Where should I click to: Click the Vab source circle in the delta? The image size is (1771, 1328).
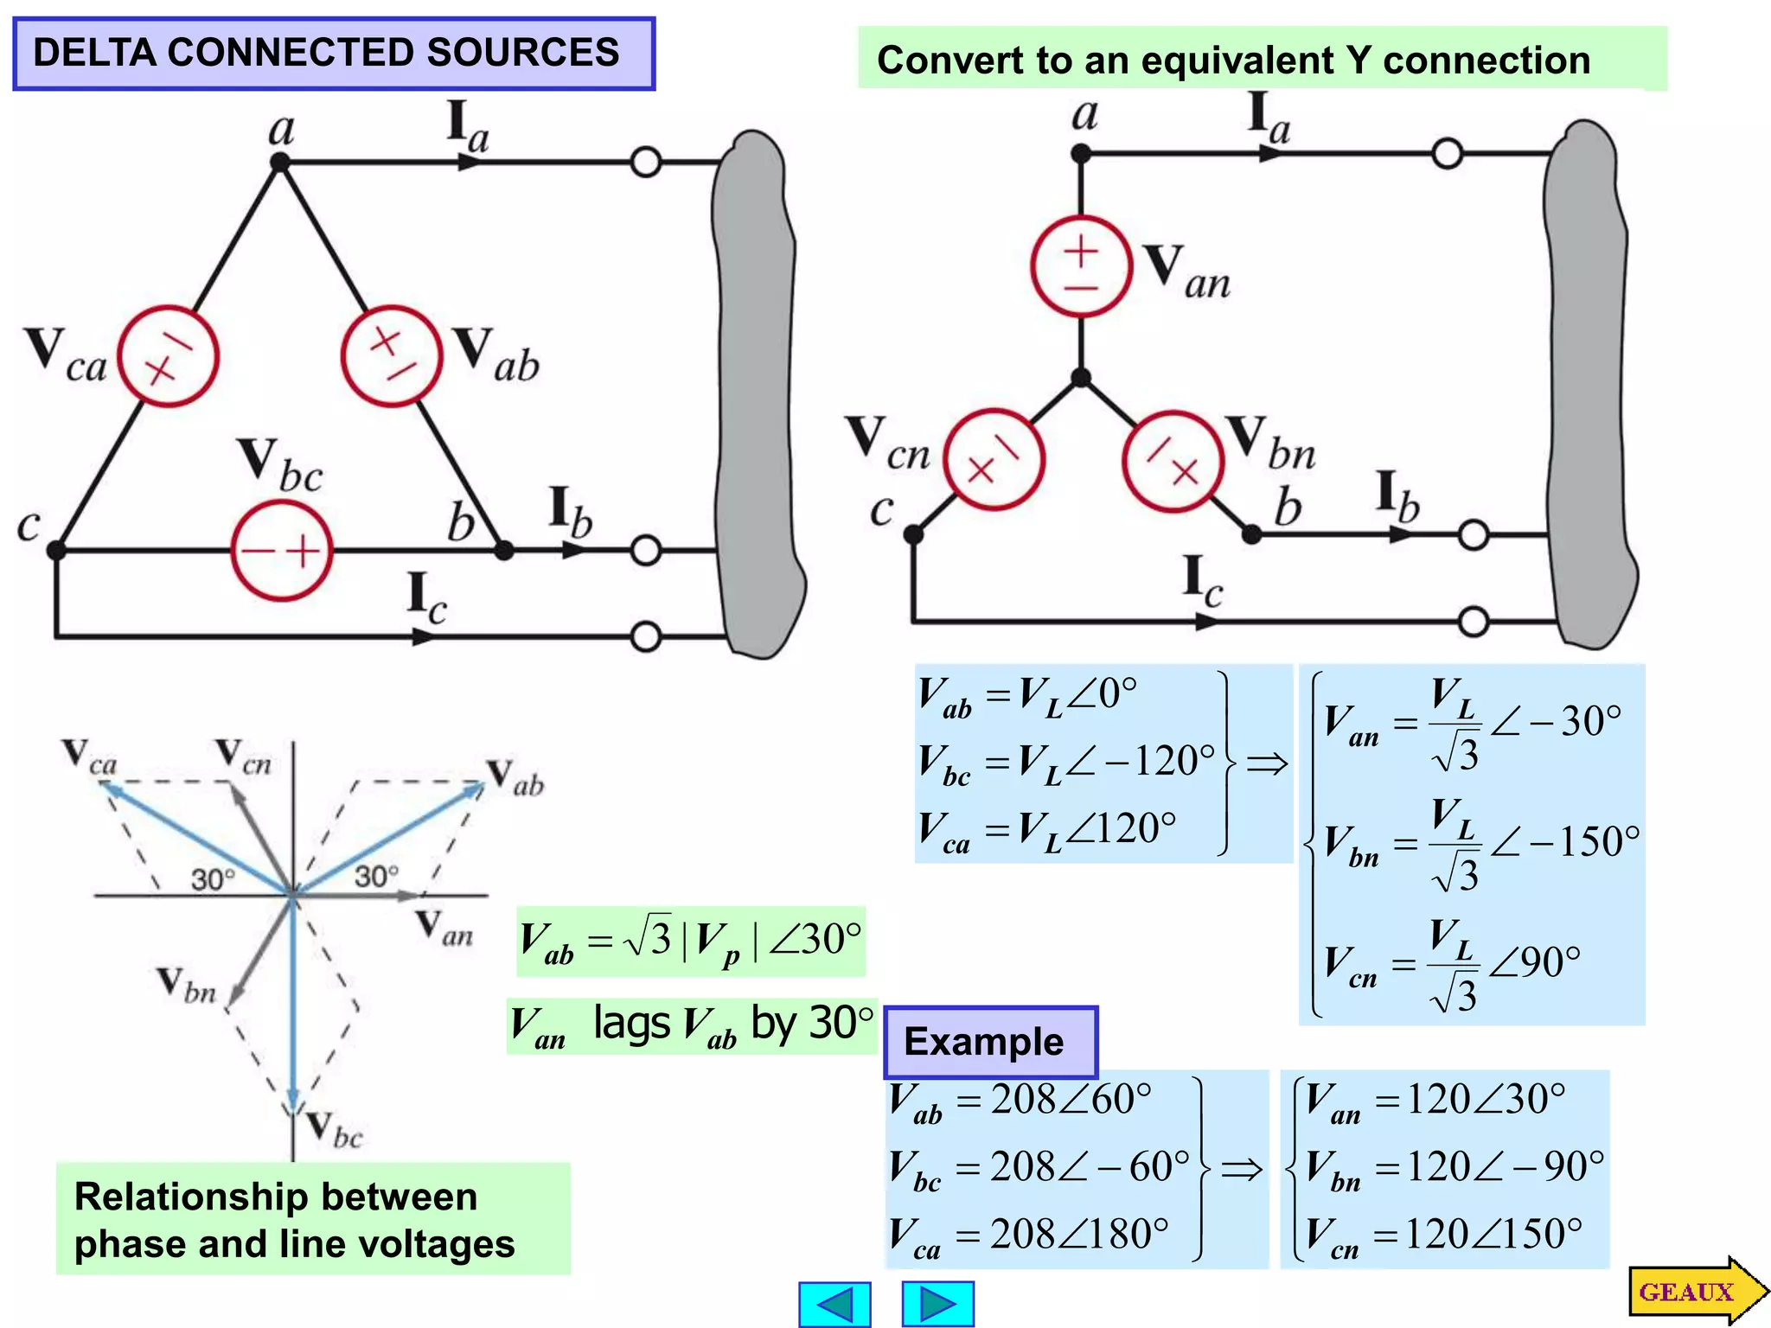point(392,356)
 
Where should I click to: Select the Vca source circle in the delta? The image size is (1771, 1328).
point(169,356)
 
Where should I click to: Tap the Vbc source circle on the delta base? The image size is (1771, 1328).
point(282,551)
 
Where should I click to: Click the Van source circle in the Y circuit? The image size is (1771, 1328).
point(1081,266)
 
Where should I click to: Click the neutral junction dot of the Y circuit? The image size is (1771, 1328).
point(1081,378)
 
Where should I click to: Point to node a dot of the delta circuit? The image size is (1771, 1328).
point(279,163)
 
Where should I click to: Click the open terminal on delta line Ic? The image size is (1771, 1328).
point(646,637)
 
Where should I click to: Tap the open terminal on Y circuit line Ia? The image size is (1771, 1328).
point(1448,154)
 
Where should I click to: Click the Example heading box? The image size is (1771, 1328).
point(990,1042)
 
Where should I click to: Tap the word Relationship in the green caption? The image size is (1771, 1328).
point(189,1197)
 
